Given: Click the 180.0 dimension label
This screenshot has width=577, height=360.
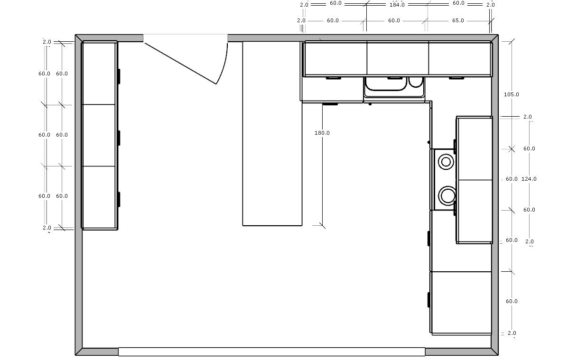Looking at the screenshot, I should pyautogui.click(x=322, y=133).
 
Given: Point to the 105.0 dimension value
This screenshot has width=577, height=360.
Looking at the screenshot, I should pyautogui.click(x=511, y=94).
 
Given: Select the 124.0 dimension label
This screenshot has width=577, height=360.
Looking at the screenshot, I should pyautogui.click(x=529, y=179).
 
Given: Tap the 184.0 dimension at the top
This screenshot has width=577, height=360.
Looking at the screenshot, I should pyautogui.click(x=397, y=4).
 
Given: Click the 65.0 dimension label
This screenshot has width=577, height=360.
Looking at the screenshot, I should pyautogui.click(x=458, y=21).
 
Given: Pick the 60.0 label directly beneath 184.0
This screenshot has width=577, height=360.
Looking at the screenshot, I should pyautogui.click(x=394, y=21).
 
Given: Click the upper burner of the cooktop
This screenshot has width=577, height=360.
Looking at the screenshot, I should pyautogui.click(x=446, y=162).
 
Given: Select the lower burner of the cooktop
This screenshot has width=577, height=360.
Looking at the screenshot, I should pyautogui.click(x=447, y=194).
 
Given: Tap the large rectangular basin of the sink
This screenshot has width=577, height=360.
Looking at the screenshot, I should pyautogui.click(x=385, y=84).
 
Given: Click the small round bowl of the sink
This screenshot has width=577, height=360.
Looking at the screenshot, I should pyautogui.click(x=416, y=83).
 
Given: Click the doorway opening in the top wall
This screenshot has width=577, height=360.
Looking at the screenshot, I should pyautogui.click(x=185, y=37).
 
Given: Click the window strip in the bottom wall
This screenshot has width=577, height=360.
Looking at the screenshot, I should pyautogui.click(x=271, y=351).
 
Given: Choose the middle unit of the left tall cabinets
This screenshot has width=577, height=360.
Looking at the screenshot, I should pyautogui.click(x=99, y=135).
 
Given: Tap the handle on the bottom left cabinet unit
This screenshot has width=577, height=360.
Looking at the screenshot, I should pyautogui.click(x=119, y=199).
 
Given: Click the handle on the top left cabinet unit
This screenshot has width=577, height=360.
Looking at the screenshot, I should pyautogui.click(x=119, y=76).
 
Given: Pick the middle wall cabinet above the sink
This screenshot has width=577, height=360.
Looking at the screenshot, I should pyautogui.click(x=398, y=58).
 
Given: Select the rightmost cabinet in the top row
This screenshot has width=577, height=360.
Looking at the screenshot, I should pyautogui.click(x=459, y=58).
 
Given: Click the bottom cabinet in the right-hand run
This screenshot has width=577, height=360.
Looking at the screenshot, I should pyautogui.click(x=460, y=302).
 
